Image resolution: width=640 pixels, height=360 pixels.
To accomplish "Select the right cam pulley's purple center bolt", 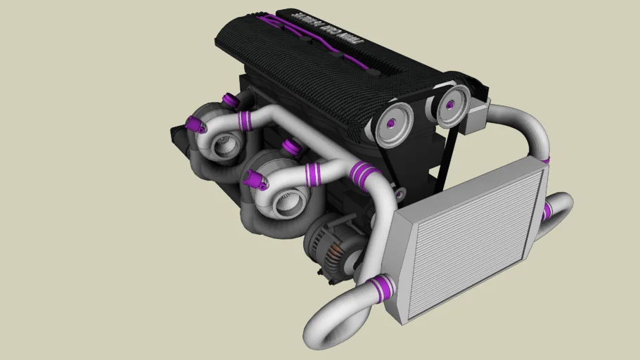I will coord(449,106).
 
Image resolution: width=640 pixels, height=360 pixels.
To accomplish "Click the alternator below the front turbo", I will coord(331,243).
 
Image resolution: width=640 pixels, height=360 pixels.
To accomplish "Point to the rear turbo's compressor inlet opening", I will coord(226,147).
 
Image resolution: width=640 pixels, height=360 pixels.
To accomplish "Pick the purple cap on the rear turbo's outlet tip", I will coord(196,125).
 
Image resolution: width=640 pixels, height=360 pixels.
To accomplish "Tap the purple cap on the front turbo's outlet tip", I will coord(255,181).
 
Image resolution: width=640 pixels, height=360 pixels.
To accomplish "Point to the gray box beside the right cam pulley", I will coord(478,116).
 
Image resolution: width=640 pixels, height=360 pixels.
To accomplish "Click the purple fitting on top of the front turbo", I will coord(288,148).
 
